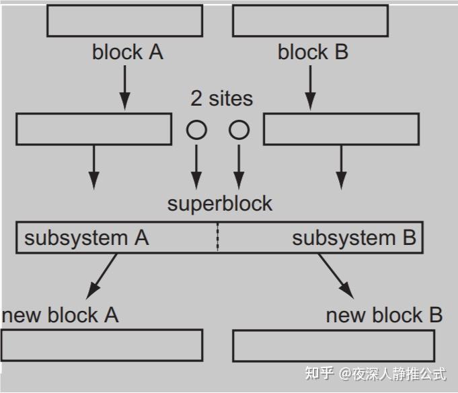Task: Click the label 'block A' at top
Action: click(x=128, y=52)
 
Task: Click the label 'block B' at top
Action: click(x=313, y=52)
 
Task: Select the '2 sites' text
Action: click(x=222, y=98)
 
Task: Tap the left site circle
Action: click(x=196, y=129)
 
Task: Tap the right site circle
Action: click(x=239, y=129)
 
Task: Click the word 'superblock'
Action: click(x=220, y=203)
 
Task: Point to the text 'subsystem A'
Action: click(x=87, y=238)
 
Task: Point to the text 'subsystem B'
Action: click(x=354, y=238)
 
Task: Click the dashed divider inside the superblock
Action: click(x=217, y=238)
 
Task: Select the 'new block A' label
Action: click(x=61, y=314)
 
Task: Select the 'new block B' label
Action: click(x=384, y=314)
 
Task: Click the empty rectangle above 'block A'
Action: click(x=124, y=20)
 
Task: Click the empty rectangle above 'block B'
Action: click(x=310, y=20)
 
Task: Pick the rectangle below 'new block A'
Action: click(x=102, y=345)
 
